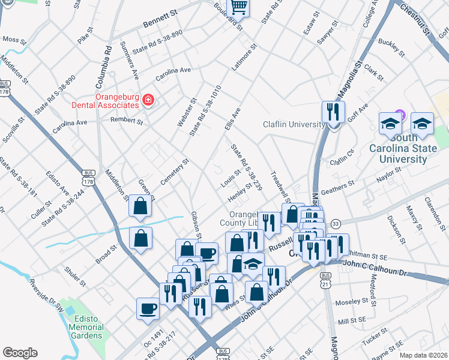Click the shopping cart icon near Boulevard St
pos(239,7)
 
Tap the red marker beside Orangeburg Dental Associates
pos(148,100)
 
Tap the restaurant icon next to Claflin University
pos(333,112)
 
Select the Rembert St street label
pos(127,121)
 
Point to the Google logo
pos(20,353)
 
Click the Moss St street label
pos(13,39)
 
